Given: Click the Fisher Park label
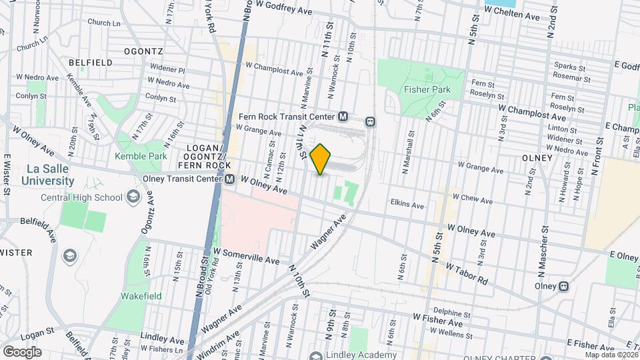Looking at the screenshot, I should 427,89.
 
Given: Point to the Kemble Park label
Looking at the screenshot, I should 140,156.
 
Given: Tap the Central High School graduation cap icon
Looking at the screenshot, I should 133,197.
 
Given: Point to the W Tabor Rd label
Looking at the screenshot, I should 467,271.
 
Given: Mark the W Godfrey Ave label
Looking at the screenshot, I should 289,11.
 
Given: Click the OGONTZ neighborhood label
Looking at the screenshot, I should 143,51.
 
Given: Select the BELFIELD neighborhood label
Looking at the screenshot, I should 89,62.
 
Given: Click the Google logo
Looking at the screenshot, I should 23,351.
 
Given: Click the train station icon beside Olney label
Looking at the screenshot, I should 564,286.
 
